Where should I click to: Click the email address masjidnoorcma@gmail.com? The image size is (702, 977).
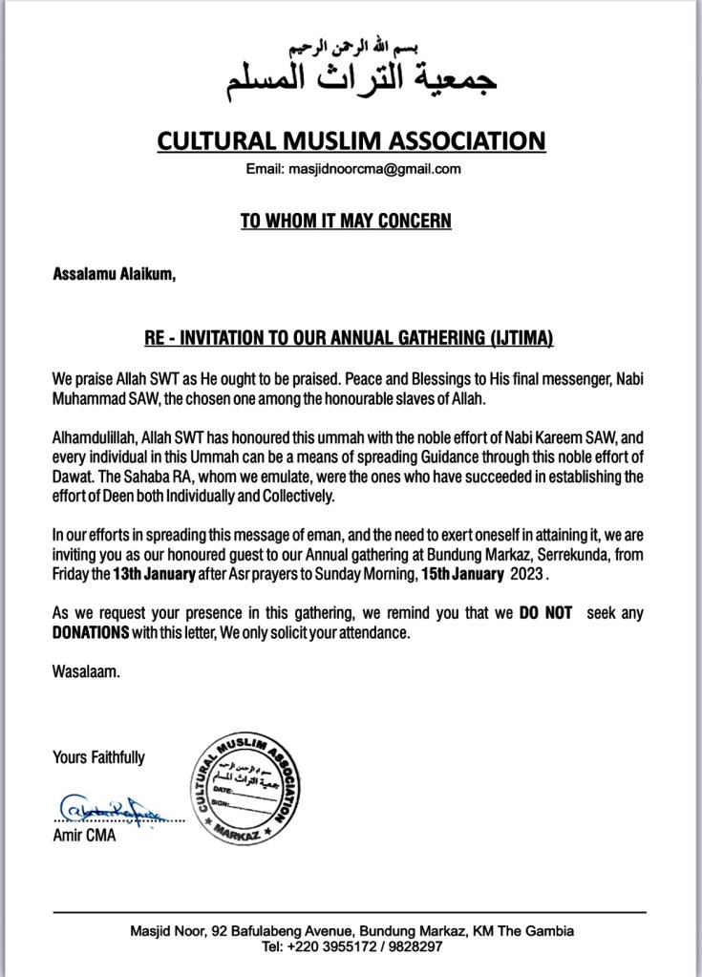[x=367, y=170]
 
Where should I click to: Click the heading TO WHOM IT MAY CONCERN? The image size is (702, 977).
[x=346, y=222]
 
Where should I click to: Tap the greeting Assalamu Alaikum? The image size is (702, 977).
[x=115, y=276]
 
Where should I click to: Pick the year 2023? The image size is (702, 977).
[x=529, y=576]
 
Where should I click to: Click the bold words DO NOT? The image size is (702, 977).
[x=546, y=614]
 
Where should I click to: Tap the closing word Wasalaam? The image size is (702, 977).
[x=87, y=671]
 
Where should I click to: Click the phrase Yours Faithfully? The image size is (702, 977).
[x=98, y=757]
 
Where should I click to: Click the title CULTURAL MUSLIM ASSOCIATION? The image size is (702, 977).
[x=351, y=140]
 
